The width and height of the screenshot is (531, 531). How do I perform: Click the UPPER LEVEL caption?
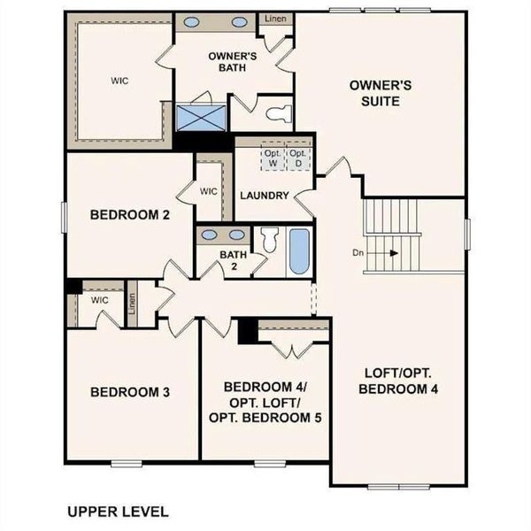pos(117,511)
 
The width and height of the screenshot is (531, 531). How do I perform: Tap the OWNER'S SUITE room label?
pos(375,93)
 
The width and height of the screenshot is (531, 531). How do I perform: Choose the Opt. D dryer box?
pos(300,158)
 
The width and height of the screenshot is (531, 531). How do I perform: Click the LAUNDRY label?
pos(264,196)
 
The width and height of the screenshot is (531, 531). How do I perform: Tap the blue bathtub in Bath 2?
pos(298,251)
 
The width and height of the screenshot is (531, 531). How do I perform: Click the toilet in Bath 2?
pos(270,240)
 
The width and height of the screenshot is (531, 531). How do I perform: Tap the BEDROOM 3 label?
pos(130,392)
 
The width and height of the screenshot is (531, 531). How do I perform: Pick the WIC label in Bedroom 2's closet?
pos(209,190)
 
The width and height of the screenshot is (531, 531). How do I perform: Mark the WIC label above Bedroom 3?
pos(98,300)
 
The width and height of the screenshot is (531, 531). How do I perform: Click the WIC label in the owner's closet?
pos(120,80)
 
